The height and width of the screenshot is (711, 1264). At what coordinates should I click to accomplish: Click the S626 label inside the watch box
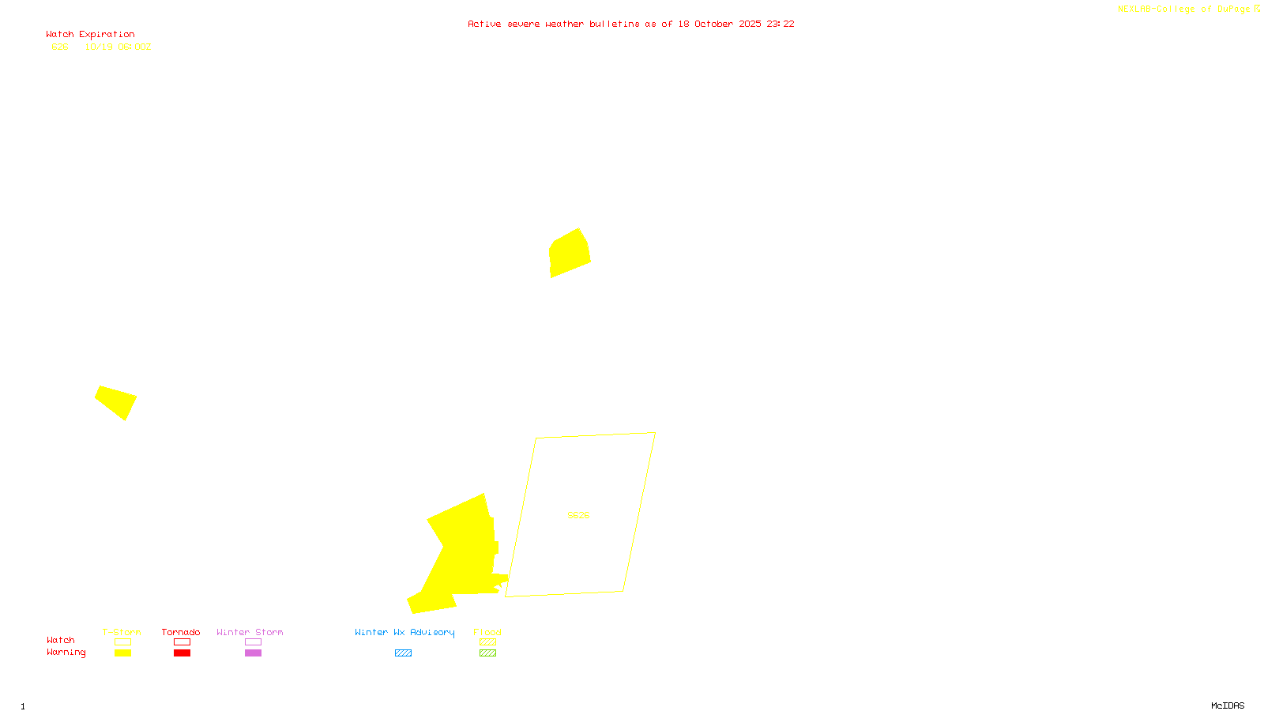tap(578, 515)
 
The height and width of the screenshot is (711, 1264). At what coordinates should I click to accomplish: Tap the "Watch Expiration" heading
tap(90, 35)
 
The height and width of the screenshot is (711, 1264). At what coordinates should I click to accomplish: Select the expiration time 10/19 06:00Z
tap(118, 47)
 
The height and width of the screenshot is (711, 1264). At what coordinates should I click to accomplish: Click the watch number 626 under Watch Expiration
tap(60, 47)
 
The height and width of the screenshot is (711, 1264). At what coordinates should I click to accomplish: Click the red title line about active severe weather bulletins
tap(630, 24)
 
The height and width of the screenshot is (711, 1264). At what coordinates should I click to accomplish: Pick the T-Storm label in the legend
tap(122, 632)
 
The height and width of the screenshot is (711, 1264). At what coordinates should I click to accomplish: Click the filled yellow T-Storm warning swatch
tap(122, 653)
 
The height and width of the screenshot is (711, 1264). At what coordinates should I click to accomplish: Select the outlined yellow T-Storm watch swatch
tap(122, 642)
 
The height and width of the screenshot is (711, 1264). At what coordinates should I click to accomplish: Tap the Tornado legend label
tap(181, 632)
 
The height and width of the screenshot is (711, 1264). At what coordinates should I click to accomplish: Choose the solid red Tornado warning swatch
tap(182, 653)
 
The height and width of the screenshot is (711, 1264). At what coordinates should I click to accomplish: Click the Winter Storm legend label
tap(250, 632)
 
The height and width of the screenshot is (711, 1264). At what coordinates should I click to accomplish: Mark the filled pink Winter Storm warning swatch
tap(253, 653)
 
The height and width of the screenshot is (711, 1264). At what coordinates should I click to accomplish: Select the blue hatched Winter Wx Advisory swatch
tap(403, 653)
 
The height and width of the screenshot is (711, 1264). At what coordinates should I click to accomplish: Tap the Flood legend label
tap(487, 632)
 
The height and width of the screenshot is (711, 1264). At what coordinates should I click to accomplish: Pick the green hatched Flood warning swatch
tap(488, 653)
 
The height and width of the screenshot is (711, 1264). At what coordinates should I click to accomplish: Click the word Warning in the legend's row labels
tap(66, 653)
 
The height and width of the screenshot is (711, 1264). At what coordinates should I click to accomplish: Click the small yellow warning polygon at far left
tap(117, 401)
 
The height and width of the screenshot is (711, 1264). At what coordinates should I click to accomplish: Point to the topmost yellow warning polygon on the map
tap(569, 253)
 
